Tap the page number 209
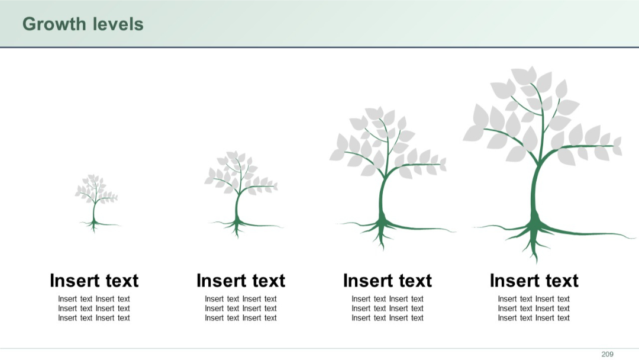click(607, 354)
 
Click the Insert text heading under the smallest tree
click(94, 281)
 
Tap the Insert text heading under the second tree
click(241, 281)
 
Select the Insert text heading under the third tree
click(388, 281)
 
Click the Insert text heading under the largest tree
click(534, 281)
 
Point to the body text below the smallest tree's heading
click(94, 308)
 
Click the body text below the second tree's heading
click(241, 308)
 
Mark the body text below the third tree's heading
click(388, 308)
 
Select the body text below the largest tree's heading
click(534, 308)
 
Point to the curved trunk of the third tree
click(382, 195)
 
